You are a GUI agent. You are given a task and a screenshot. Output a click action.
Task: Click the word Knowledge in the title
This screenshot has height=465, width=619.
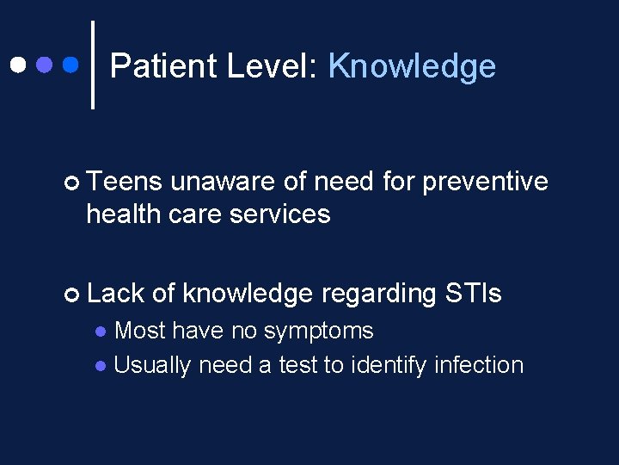pyautogui.click(x=412, y=66)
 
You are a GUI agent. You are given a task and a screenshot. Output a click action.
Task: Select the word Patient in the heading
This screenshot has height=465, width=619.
pyautogui.click(x=167, y=66)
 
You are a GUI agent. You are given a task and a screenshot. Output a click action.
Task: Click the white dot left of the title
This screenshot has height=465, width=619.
pyautogui.click(x=17, y=65)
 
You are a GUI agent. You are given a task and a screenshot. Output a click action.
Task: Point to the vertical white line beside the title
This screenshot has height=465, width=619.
pyautogui.click(x=93, y=65)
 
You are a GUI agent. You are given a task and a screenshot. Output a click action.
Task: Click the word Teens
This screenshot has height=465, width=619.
pyautogui.click(x=124, y=182)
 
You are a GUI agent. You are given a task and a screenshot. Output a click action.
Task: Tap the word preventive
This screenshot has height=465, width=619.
pyautogui.click(x=485, y=182)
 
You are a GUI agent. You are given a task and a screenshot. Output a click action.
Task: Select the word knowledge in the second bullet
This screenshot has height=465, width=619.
pyautogui.click(x=248, y=294)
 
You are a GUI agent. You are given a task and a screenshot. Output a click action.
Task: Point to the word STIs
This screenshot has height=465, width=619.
pyautogui.click(x=473, y=294)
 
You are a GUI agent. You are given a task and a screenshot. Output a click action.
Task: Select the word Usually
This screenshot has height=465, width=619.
pyautogui.click(x=152, y=365)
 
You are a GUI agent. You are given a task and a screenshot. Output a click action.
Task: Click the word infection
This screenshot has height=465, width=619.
pyautogui.click(x=479, y=365)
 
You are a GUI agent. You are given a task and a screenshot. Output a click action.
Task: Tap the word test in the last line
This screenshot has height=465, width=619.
pyautogui.click(x=297, y=365)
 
